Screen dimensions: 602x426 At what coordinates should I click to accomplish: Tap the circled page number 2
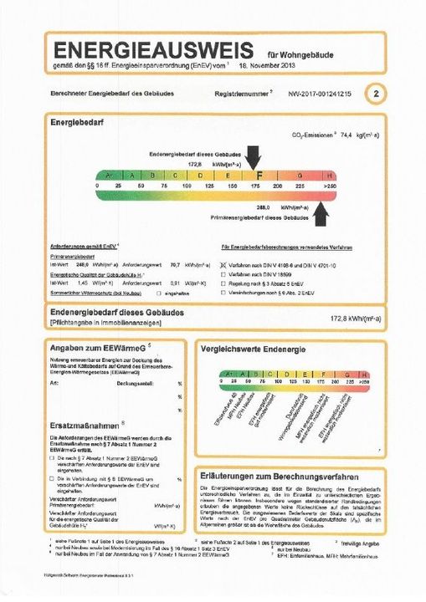[x=377, y=95]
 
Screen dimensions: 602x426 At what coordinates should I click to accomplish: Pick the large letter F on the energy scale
[x=259, y=176]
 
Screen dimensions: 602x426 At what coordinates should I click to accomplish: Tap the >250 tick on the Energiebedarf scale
[x=331, y=185]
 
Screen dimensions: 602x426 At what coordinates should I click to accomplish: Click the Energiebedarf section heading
[x=75, y=122]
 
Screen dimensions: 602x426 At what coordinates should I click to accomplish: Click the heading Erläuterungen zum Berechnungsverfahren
[x=286, y=473]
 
